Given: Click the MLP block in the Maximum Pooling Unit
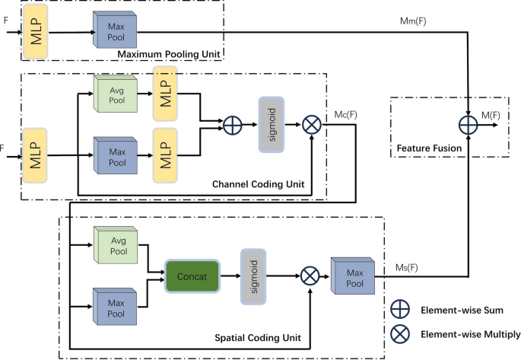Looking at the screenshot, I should [36, 35].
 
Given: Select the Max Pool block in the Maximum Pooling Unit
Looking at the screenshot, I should [116, 33].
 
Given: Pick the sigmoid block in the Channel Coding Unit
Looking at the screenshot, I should [272, 125].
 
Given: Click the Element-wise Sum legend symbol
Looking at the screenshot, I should [400, 310].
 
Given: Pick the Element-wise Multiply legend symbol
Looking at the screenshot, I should [400, 333].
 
